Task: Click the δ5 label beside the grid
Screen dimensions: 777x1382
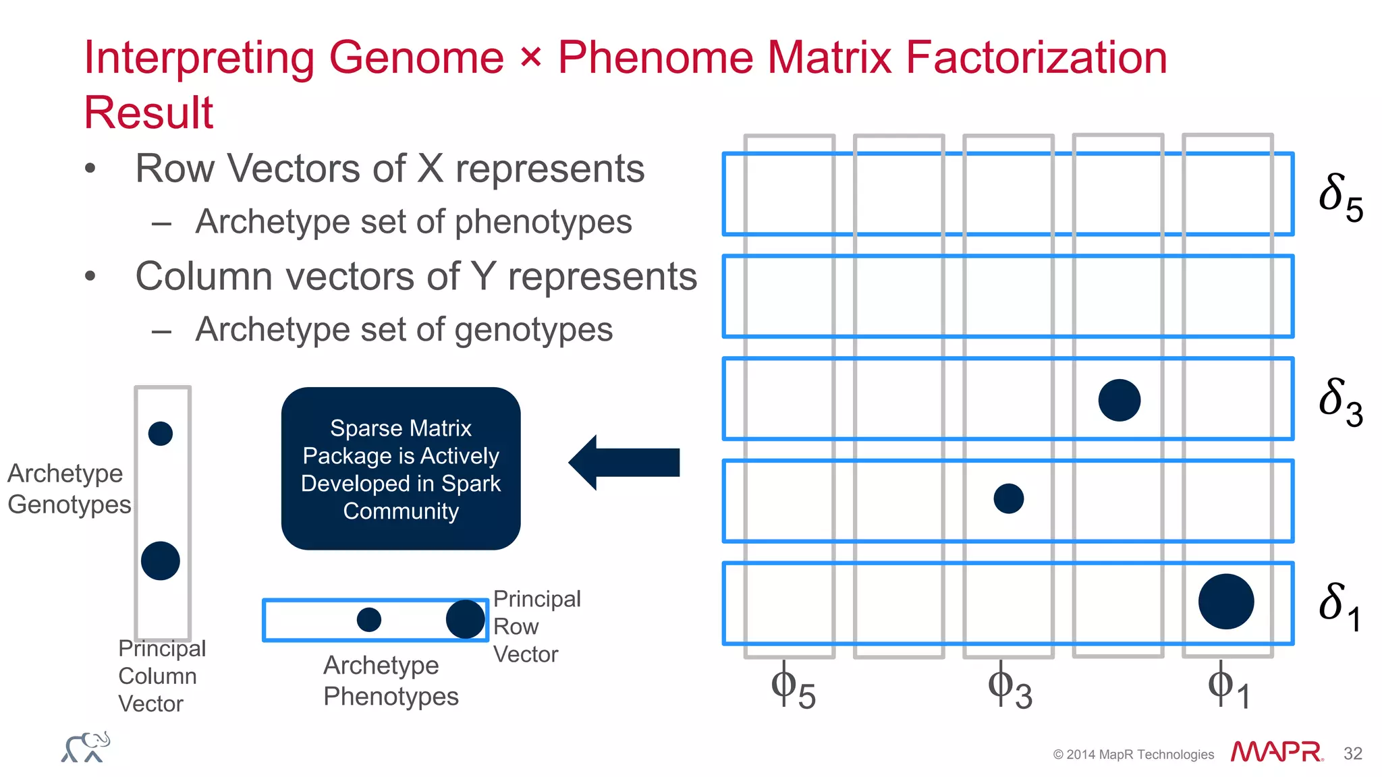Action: [x=1340, y=197]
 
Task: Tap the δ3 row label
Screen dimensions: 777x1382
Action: [x=1340, y=402]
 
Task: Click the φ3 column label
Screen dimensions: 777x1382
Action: [x=1010, y=688]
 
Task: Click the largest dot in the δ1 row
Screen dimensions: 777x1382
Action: [x=1226, y=602]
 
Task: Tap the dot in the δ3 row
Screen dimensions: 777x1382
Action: [x=1119, y=400]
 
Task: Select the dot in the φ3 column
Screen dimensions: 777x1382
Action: [x=1009, y=498]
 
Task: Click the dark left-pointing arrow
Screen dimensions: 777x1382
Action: [x=624, y=463]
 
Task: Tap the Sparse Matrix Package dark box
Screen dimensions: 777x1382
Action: [x=401, y=469]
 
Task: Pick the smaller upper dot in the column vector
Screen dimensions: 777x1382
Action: [x=161, y=433]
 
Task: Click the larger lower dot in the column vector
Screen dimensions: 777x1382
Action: [x=161, y=560]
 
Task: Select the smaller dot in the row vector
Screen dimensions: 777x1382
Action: [x=368, y=619]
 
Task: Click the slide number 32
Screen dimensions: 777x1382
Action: [x=1352, y=753]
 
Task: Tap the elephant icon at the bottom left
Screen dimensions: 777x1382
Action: [x=86, y=747]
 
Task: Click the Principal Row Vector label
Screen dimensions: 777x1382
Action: [x=536, y=627]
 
